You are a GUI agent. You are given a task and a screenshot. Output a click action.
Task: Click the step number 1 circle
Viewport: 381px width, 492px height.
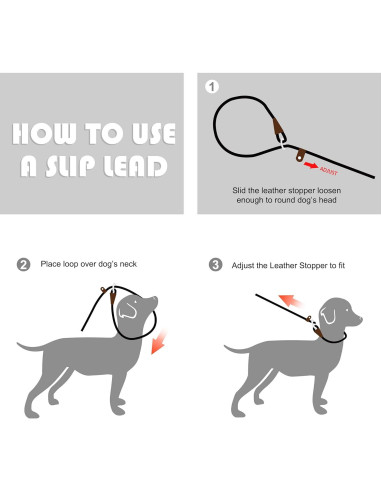coord(212,87)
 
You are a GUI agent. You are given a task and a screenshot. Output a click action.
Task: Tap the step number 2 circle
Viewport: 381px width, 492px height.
coord(23,265)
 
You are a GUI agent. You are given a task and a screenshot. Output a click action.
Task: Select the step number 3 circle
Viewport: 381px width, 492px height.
coord(215,265)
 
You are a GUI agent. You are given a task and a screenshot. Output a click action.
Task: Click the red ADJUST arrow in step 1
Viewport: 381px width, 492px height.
coord(311,165)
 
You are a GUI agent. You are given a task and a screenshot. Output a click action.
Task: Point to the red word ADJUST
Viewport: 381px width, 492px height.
coord(329,171)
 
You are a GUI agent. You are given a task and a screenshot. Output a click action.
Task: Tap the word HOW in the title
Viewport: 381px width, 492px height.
coord(44,134)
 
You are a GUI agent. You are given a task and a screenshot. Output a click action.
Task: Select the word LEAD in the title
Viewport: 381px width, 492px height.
coord(135,166)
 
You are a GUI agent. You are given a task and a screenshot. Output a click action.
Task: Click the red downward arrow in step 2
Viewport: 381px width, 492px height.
coord(159,342)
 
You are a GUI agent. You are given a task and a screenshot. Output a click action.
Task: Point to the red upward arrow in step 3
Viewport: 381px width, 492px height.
coord(291,301)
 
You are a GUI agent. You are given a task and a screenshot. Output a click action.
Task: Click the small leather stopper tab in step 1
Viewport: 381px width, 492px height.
coord(300,155)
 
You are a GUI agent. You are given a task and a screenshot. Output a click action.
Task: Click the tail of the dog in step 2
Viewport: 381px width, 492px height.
coord(31,346)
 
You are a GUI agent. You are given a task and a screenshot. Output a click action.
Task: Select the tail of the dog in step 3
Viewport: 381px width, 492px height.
coord(238,349)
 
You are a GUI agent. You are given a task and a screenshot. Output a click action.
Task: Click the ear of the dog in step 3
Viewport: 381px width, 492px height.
coord(328,315)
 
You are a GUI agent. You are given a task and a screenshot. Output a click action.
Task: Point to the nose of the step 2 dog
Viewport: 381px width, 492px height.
coord(155,299)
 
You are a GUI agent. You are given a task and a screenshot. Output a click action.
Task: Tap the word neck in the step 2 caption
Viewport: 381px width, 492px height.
coord(128,264)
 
